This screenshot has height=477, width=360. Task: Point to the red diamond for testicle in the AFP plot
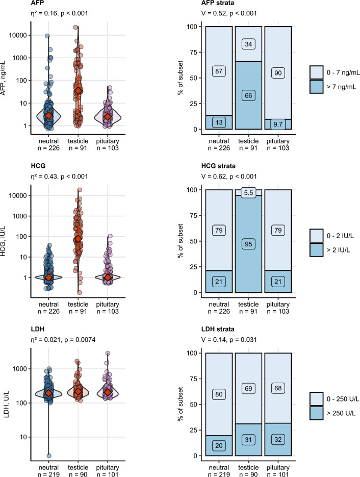pyautogui.click(x=78, y=91)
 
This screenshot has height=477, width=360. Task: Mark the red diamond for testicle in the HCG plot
pyautogui.click(x=78, y=239)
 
